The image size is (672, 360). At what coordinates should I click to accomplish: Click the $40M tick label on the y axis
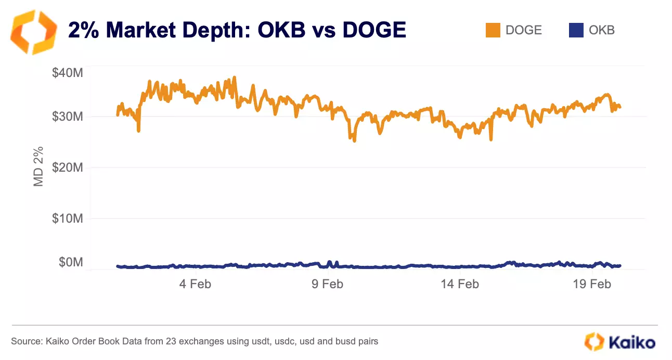coord(67,73)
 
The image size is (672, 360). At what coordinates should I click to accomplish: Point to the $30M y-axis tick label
coord(67,116)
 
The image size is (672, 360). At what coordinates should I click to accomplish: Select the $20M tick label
coord(67,167)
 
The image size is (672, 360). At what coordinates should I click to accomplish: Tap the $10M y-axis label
coord(67,218)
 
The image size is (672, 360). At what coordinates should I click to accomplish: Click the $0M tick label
coord(70,262)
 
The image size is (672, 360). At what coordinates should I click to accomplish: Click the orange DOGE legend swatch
coord(493,30)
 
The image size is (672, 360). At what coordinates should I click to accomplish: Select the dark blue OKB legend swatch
coord(576,30)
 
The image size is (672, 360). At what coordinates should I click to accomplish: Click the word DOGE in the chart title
coord(374,31)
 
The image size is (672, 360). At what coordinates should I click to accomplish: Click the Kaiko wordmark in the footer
coord(631,342)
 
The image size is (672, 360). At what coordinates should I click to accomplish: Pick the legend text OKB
coord(602,30)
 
